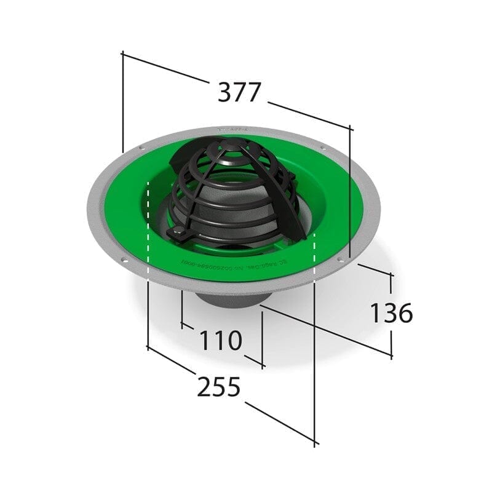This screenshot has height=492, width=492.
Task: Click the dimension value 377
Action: point(240,92)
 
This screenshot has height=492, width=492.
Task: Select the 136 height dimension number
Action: point(391,313)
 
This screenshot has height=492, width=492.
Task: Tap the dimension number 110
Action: point(220,340)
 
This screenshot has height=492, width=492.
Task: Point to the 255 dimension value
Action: point(218,387)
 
